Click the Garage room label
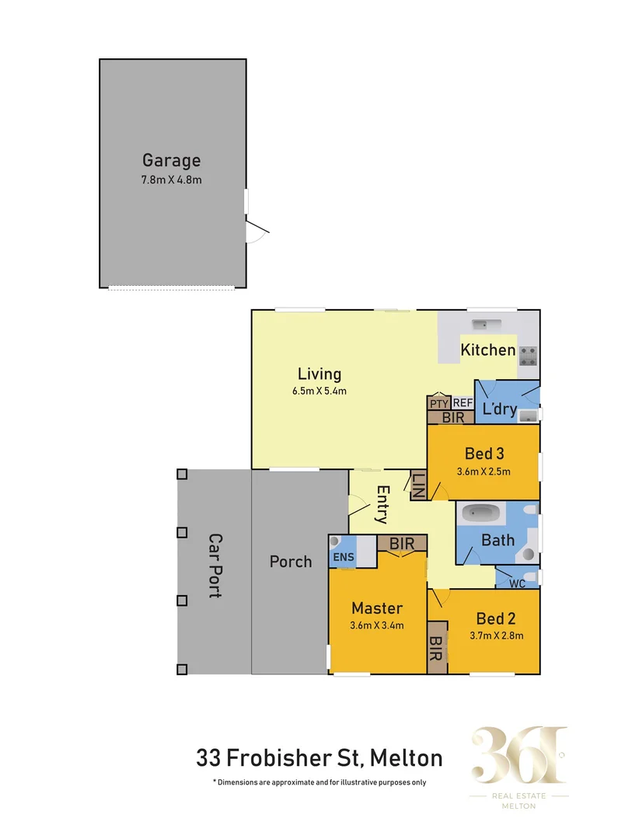[171, 161]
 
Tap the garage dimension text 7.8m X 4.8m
[171, 180]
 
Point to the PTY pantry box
[438, 403]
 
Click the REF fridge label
[463, 402]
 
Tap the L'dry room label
[499, 409]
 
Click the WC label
[517, 583]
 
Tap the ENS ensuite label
[342, 556]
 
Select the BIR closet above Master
[401, 543]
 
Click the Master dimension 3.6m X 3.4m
[377, 625]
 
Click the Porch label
[290, 562]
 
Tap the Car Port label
[215, 565]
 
